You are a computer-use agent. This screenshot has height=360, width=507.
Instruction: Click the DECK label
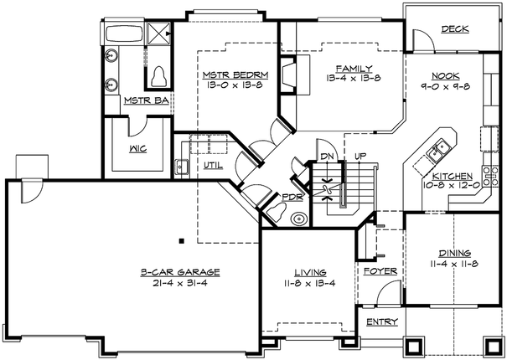coord(456,29)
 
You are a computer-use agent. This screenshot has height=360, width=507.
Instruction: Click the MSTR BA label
coord(147,100)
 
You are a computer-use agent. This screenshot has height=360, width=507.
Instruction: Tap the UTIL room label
coord(213,165)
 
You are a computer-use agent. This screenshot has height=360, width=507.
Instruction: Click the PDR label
coord(292,198)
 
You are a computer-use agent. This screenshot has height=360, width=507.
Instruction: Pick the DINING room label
coord(454,252)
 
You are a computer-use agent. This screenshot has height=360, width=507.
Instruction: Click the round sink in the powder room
coord(297,219)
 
